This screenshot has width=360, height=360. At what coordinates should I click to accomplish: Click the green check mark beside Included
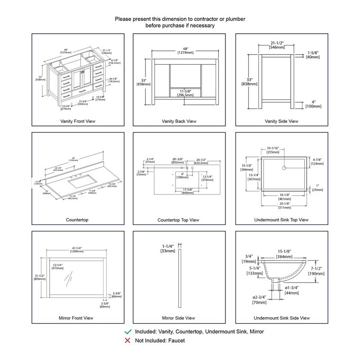pyautogui.click(x=129, y=331)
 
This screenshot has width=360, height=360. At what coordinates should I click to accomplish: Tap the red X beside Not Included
pyautogui.click(x=129, y=341)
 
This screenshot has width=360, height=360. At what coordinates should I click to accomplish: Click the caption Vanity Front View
pyautogui.click(x=78, y=121)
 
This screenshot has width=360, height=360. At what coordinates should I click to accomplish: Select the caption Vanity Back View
pyautogui.click(x=179, y=121)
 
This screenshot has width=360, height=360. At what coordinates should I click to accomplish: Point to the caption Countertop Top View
pyautogui.click(x=178, y=220)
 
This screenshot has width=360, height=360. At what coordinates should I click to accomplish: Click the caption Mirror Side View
pyautogui.click(x=179, y=318)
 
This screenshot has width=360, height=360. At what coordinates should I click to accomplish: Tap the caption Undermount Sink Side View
pyautogui.click(x=282, y=318)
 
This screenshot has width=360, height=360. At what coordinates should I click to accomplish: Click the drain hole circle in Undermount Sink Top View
pyautogui.click(x=284, y=167)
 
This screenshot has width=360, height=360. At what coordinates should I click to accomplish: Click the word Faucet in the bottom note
pyautogui.click(x=176, y=341)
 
